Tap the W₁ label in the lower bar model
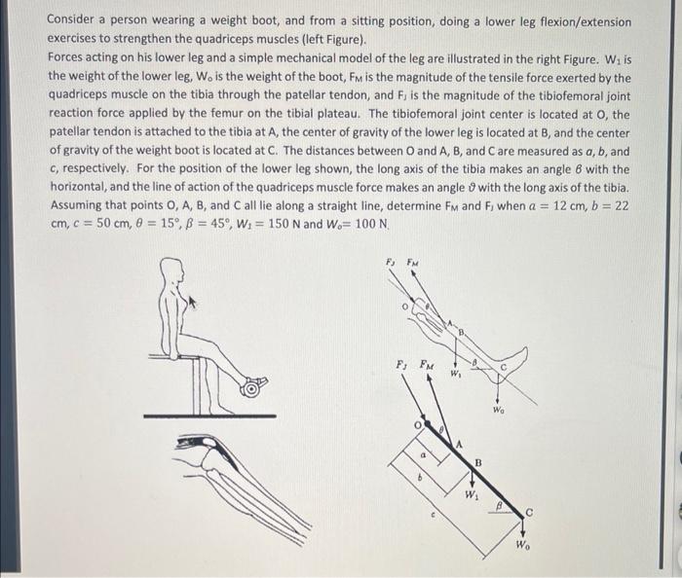pos(472,493)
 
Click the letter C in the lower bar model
pos(529,512)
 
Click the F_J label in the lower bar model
pos(400,364)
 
